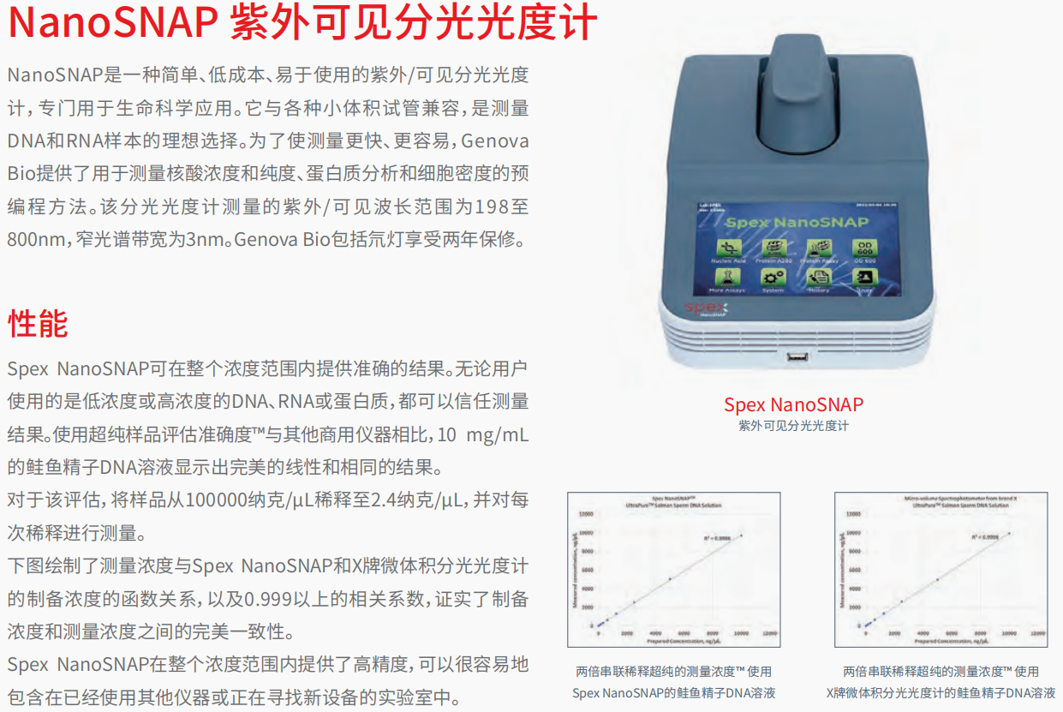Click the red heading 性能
point(38,324)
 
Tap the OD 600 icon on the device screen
point(862,249)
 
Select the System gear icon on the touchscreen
point(773,278)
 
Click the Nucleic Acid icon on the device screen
point(728,249)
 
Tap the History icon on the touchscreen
point(820,278)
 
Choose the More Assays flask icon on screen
point(727,278)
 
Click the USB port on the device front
point(795,357)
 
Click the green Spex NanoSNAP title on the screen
point(797,223)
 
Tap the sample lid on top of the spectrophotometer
point(795,86)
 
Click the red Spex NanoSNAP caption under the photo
point(793,404)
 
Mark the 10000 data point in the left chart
point(741,536)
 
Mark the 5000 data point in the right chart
point(937,580)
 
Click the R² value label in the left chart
point(718,538)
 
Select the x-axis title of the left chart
point(672,640)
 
